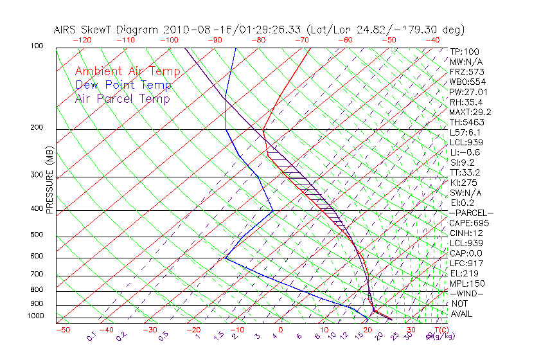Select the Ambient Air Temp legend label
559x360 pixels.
127,71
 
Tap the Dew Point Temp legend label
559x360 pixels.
123,85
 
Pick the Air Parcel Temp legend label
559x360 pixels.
122,98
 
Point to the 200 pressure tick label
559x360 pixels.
37,128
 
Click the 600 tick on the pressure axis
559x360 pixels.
37,256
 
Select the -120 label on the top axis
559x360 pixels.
82,40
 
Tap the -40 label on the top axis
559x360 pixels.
433,40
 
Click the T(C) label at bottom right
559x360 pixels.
434,330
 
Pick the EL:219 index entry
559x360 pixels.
463,273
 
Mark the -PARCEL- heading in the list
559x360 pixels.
472,213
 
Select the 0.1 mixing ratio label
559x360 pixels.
91,335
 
